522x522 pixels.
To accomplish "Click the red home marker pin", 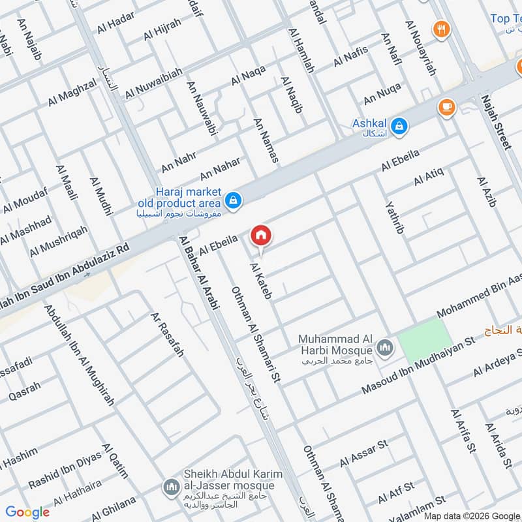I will point(261,235).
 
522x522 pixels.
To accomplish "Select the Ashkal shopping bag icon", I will point(400,124).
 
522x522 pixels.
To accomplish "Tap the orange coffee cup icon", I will point(446,106).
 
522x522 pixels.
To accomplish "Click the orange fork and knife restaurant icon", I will point(442,28).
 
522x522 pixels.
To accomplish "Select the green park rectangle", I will point(425,343).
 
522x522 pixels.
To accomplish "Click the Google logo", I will point(28,512).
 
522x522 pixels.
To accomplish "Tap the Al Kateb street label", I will point(260,281).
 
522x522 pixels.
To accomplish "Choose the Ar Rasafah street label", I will point(167,334).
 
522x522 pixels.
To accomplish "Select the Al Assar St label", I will point(363,453).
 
